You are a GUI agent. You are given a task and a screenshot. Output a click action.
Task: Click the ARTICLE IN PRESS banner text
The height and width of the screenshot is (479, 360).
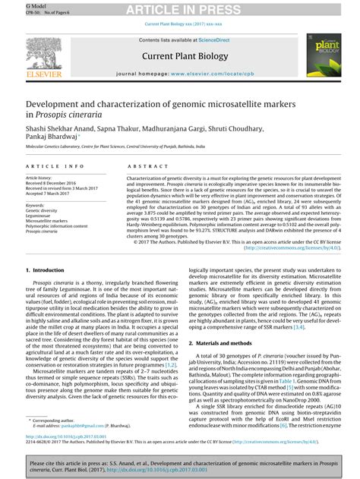coord(179,9)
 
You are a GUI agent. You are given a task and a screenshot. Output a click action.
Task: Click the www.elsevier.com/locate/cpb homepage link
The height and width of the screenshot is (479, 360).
coord(221,74)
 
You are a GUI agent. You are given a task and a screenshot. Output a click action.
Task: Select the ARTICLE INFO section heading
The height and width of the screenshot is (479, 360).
coord(54,165)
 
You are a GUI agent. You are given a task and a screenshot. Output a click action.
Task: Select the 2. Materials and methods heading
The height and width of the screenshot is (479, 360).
coord(227,342)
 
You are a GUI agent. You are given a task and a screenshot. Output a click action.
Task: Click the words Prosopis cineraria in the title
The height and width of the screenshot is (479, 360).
coord(68,113)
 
